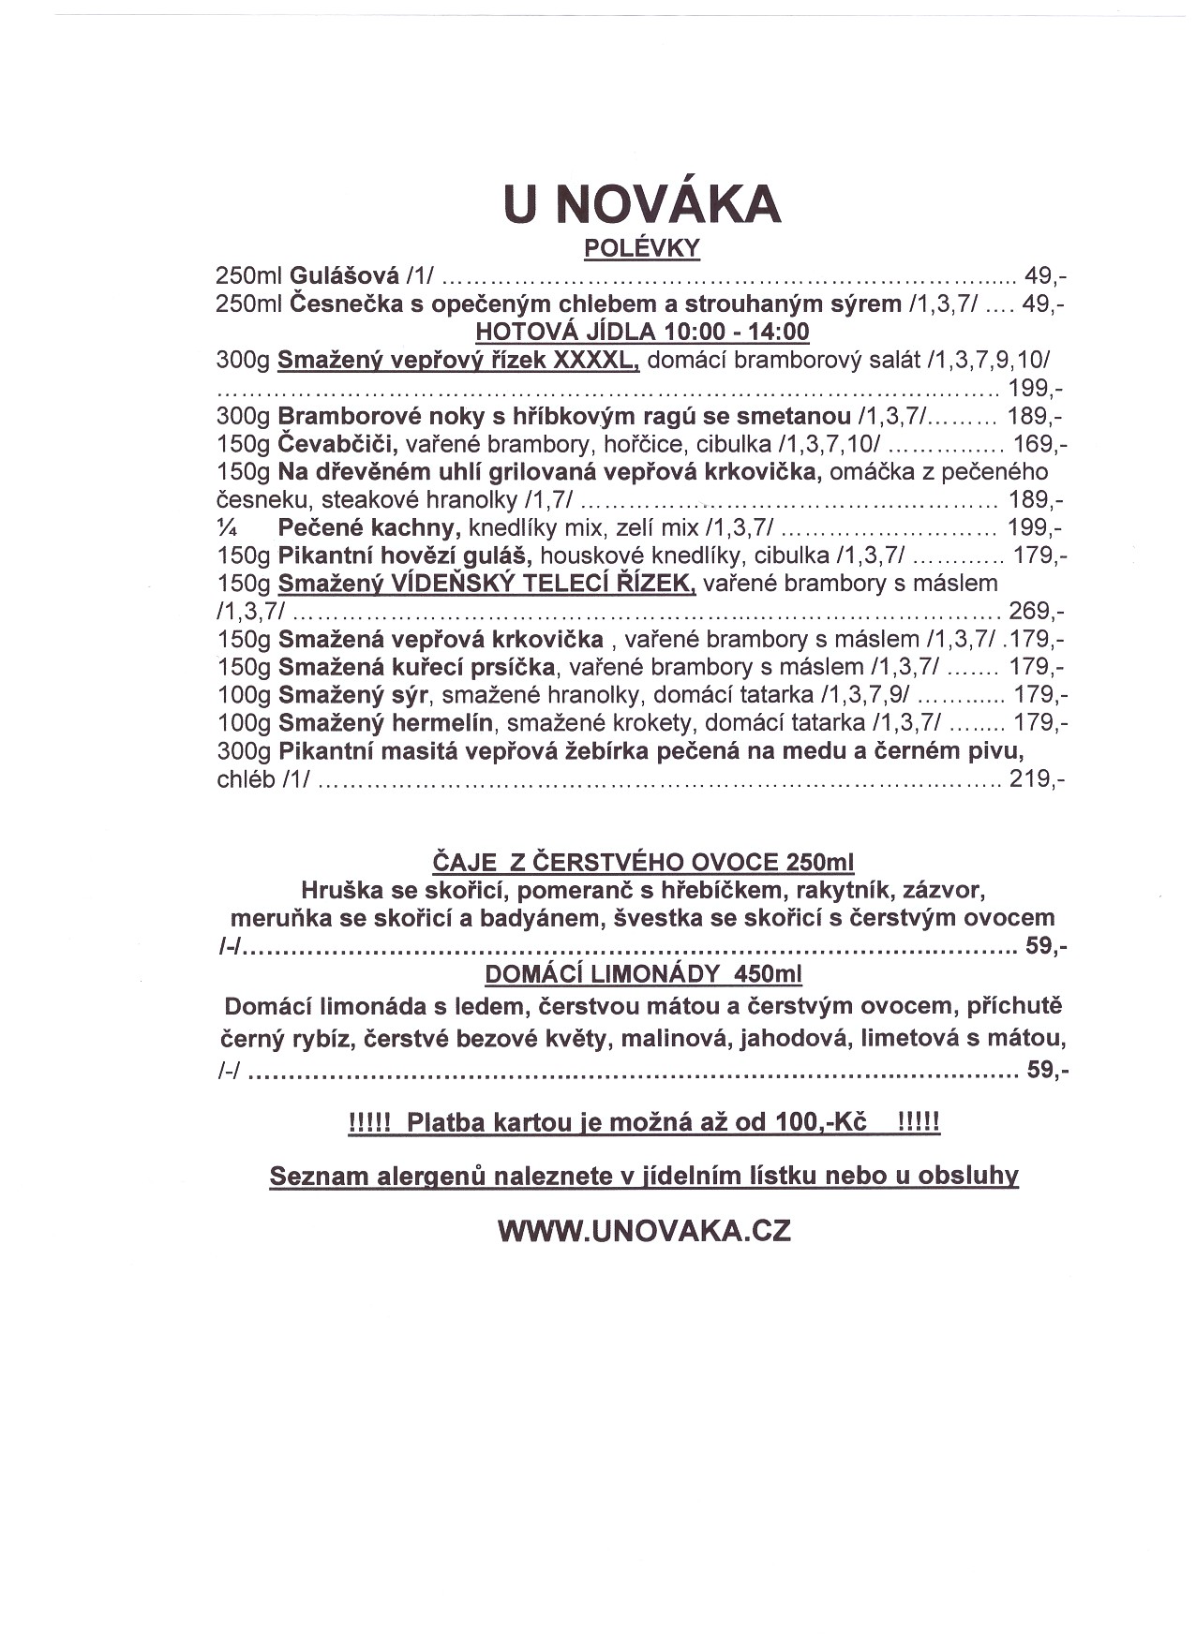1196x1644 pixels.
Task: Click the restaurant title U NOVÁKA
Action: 642,203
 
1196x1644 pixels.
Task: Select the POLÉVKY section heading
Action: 642,248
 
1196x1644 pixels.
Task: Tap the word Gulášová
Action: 344,276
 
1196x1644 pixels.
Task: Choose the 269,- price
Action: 1036,612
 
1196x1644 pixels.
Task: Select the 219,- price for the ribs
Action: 1036,778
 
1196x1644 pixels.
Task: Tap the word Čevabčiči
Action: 339,443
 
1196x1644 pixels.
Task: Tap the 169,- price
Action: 1039,444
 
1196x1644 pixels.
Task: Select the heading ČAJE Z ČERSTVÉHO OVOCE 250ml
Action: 643,862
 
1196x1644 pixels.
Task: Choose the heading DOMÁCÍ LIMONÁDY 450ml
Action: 643,974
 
